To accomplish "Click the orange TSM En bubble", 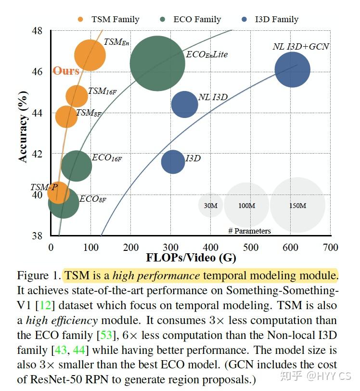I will (x=90, y=55).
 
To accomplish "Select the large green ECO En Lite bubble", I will (x=157, y=63).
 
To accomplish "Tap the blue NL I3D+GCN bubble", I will (x=292, y=70).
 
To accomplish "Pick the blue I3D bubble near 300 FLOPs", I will (x=173, y=162).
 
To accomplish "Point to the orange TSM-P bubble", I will (x=58, y=194).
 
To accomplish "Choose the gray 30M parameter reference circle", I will (x=210, y=205).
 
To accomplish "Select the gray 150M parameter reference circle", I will (x=297, y=205).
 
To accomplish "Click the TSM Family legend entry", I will (x=108, y=19).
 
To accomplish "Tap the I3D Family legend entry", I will (x=270, y=19).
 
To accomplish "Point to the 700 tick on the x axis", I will (x=330, y=248).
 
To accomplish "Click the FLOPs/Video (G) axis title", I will (x=192, y=258).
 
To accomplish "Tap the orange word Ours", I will (x=65, y=71).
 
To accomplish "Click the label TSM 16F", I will (x=102, y=91).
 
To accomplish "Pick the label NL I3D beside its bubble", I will (x=213, y=97).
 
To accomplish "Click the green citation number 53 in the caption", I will (x=106, y=335).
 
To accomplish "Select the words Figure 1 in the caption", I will (x=38, y=276).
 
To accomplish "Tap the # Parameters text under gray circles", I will (x=249, y=231).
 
